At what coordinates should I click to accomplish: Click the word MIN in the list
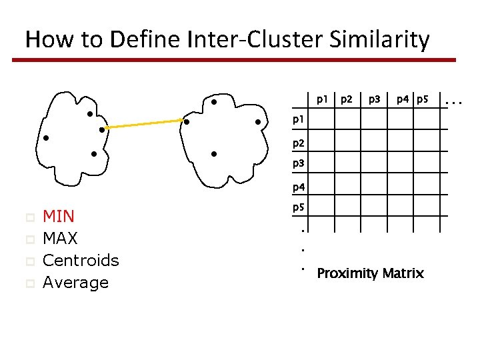tap(59, 216)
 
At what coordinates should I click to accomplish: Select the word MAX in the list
tap(60, 238)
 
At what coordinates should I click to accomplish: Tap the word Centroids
tap(81, 260)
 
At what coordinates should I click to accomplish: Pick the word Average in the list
tap(75, 283)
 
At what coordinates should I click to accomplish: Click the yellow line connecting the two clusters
tap(143, 124)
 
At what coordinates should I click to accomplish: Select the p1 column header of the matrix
tap(322, 100)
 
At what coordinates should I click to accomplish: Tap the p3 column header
tap(374, 100)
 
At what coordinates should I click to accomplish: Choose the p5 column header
tap(421, 100)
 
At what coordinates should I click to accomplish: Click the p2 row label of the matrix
tap(298, 143)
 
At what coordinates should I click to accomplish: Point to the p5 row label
tap(298, 208)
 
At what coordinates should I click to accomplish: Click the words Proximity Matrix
tap(370, 273)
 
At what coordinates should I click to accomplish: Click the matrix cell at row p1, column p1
tap(321, 121)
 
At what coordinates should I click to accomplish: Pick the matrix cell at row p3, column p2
tap(347, 164)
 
